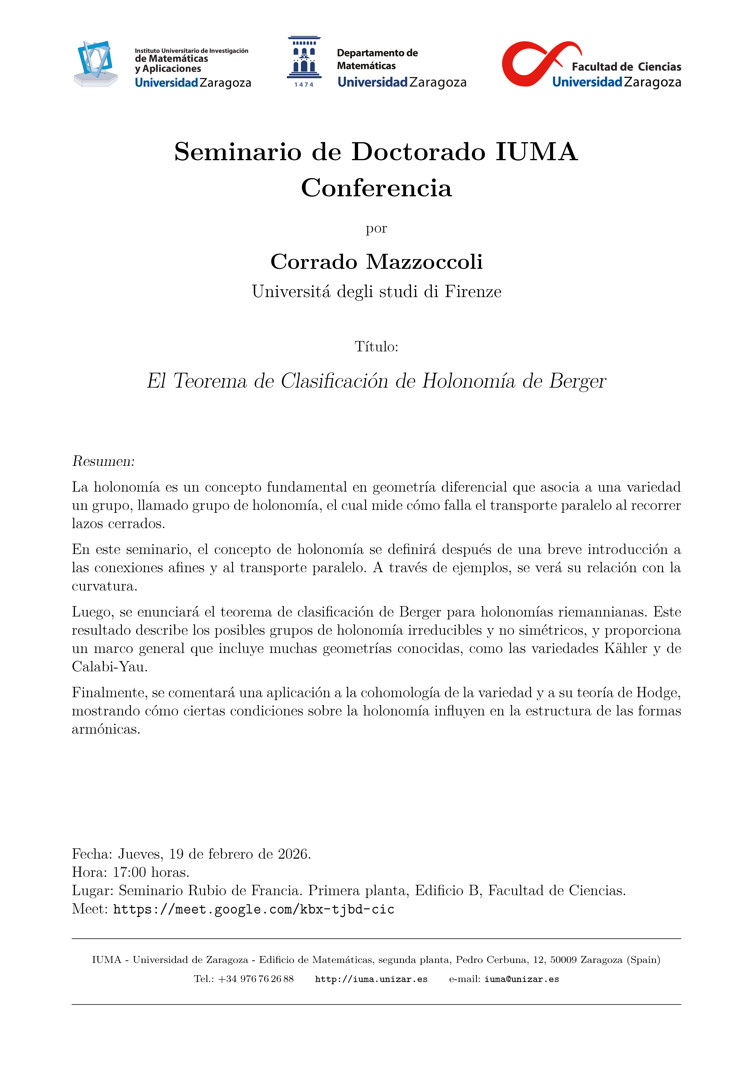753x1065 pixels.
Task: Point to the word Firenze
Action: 473,292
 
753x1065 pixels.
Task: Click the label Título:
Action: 376,347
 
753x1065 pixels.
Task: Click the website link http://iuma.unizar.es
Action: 371,979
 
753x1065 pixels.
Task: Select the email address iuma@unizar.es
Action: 522,979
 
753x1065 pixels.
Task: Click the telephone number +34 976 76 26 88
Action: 255,979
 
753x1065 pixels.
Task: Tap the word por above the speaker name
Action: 376,229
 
